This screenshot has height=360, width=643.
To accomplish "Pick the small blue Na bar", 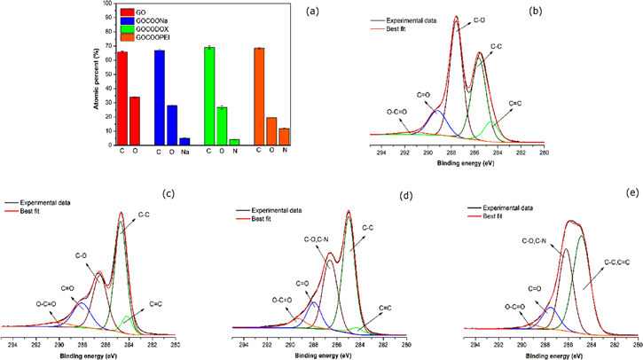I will coord(184,140).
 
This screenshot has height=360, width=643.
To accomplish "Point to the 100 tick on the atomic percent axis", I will coord(107,4).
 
